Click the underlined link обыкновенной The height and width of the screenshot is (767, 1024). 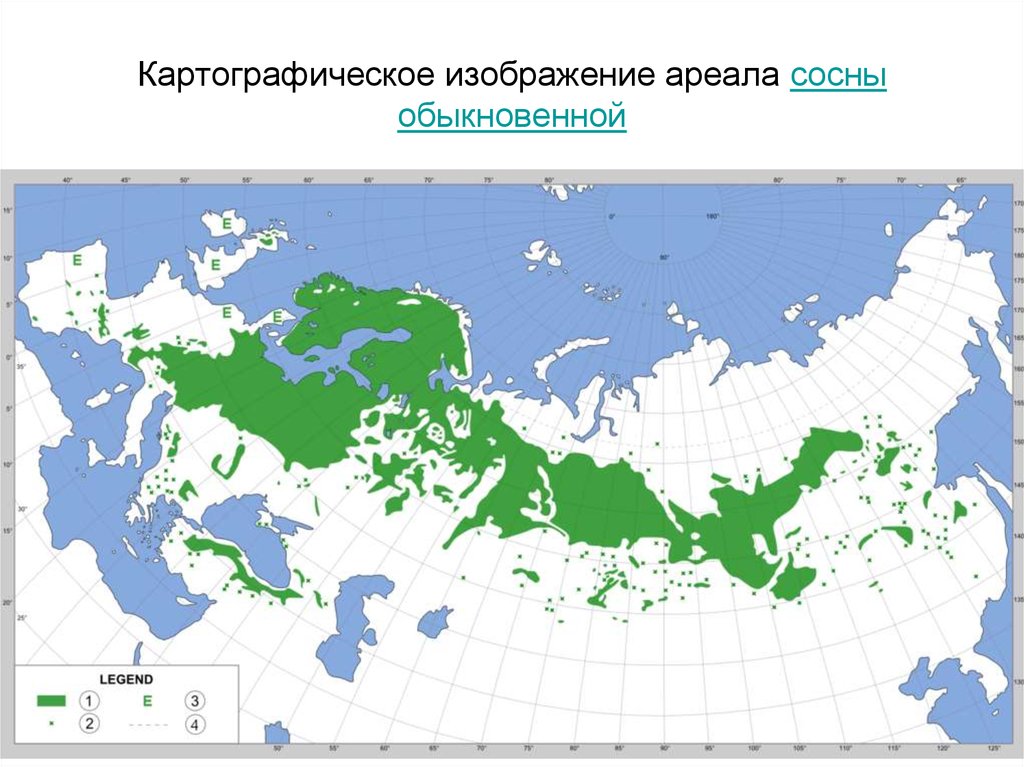[x=511, y=117]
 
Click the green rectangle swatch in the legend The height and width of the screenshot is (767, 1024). [x=52, y=698]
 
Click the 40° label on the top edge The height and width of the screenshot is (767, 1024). [x=68, y=180]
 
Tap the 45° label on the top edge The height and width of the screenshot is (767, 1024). [x=126, y=180]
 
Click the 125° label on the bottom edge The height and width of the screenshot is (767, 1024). [x=993, y=749]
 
